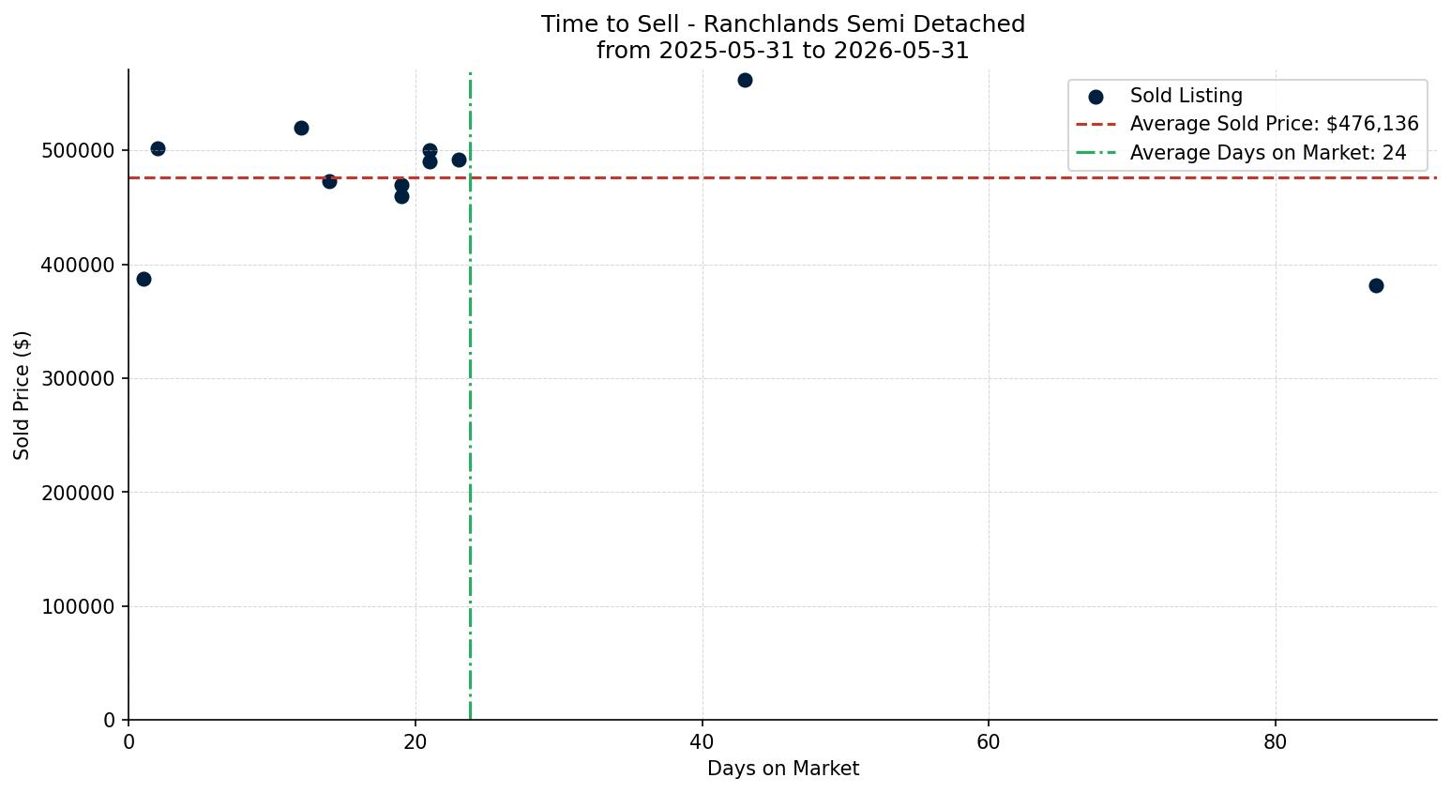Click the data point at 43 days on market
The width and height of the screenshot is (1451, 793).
point(745,81)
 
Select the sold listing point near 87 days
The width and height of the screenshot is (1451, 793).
point(1377,285)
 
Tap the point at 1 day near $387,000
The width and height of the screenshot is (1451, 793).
point(144,280)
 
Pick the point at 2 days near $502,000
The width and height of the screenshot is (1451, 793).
point(158,148)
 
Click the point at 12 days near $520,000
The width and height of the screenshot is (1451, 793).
point(301,129)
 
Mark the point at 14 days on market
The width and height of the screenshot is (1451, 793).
point(330,181)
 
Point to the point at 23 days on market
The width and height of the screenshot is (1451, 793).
point(460,160)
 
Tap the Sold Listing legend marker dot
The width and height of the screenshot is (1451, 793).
point(1096,98)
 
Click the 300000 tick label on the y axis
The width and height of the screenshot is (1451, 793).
point(79,379)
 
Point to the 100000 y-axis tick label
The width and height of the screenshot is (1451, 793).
point(79,607)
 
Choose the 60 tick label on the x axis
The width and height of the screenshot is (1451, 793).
point(990,741)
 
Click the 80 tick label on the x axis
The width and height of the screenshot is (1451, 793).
point(1276,741)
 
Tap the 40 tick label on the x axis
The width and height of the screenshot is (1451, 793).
point(703,741)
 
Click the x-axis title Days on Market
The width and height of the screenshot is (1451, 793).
point(783,769)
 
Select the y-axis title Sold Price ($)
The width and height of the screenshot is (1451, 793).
point(22,396)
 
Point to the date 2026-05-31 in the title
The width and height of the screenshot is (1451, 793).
point(901,51)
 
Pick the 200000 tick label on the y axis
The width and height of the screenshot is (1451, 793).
point(79,493)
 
